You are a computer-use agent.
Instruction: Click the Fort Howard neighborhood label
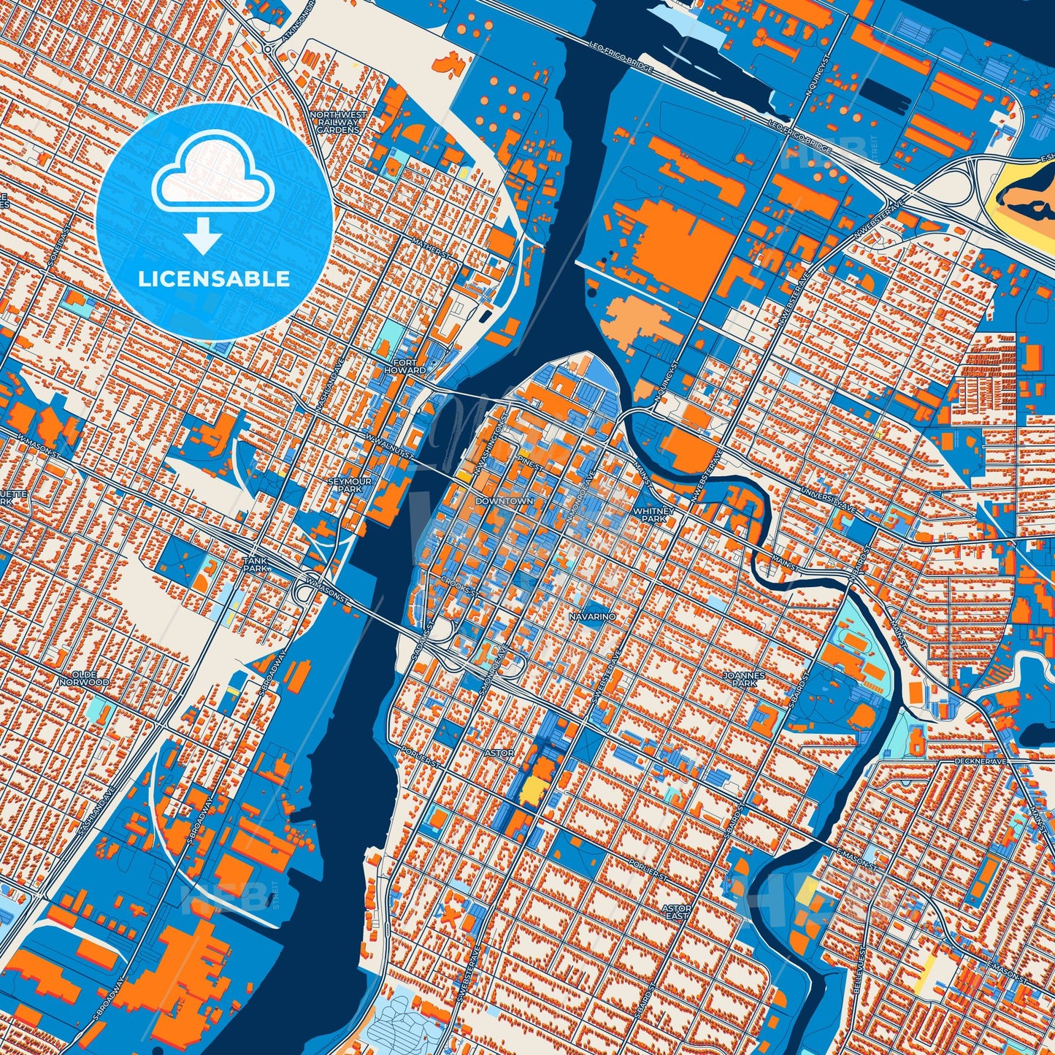click(405, 367)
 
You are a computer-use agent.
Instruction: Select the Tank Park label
click(256, 564)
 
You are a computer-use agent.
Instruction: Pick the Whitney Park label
click(650, 514)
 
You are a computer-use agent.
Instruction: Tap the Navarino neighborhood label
click(592, 617)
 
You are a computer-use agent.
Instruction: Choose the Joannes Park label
click(744, 680)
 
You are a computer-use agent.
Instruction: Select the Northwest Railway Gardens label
click(338, 122)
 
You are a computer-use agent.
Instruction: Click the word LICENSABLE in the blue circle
click(215, 278)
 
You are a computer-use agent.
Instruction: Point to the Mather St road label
click(429, 246)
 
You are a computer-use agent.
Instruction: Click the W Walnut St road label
click(389, 445)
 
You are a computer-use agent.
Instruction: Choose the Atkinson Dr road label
click(288, 26)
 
